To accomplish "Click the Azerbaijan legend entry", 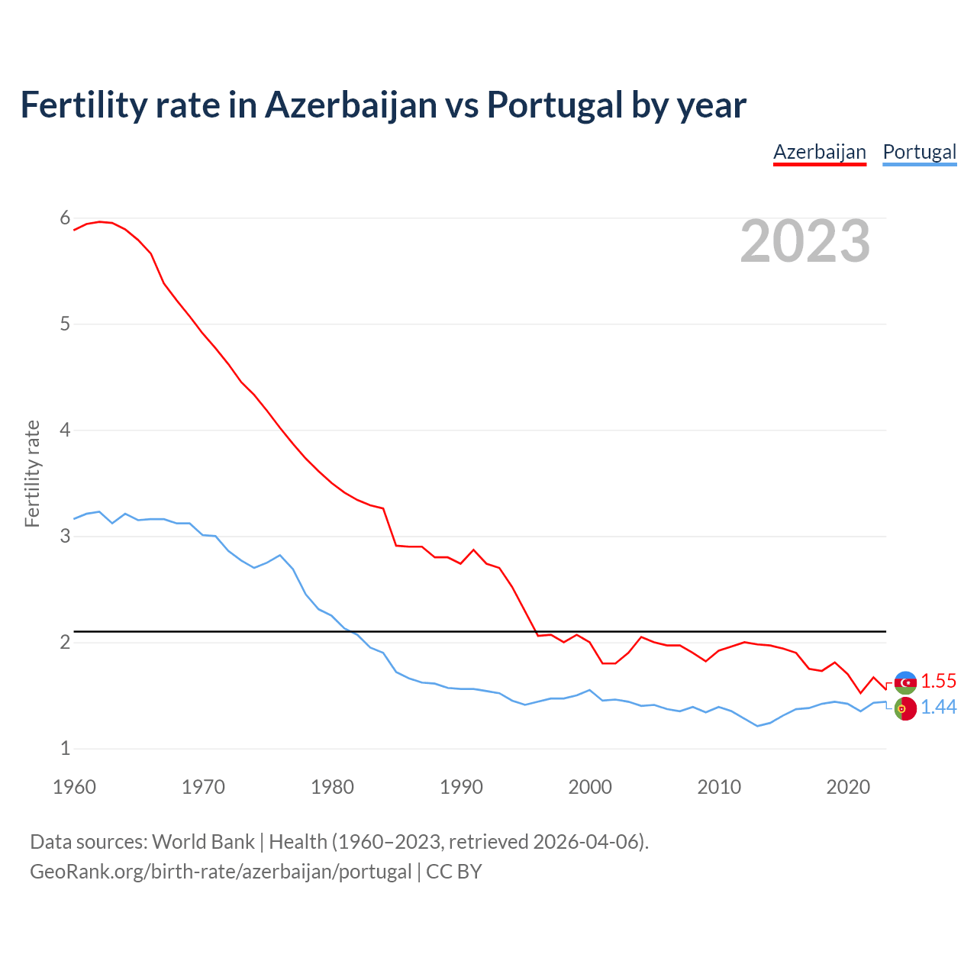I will (820, 152).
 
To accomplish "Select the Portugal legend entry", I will (919, 152).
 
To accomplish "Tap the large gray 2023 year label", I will (805, 241).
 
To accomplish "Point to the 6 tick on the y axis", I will (65, 218).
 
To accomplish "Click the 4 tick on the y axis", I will (65, 430).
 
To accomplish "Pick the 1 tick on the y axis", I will (65, 749).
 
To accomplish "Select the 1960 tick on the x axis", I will (74, 787).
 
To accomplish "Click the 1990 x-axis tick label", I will (461, 787).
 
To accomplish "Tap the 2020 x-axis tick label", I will (848, 787).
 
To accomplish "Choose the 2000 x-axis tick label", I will (590, 787).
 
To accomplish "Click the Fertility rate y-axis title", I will (32, 473).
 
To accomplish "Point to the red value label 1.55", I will (938, 682).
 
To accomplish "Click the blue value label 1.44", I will (938, 708).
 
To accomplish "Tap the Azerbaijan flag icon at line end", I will (905, 682).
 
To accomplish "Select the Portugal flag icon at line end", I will (905, 709).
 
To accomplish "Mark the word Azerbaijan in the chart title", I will (351, 105).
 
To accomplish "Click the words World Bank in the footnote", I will (203, 842).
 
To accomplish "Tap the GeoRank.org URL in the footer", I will (221, 872).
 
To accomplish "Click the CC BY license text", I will (454, 872).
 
